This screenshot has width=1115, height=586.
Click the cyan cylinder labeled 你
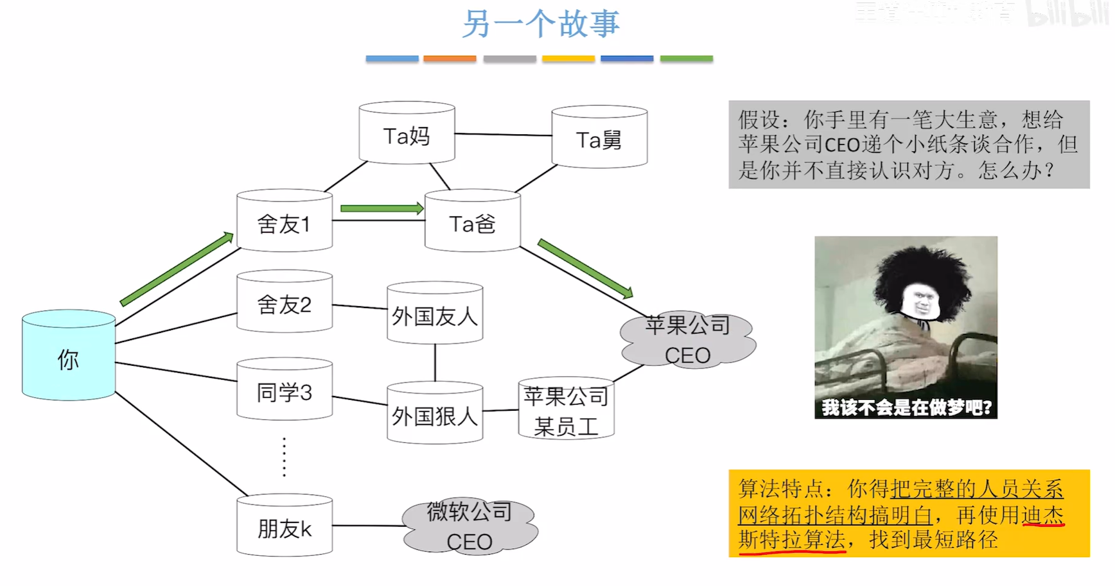(x=69, y=356)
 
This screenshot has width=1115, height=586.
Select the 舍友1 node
(x=284, y=221)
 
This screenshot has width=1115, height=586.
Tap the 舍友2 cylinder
(x=284, y=302)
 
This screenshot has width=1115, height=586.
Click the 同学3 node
(x=284, y=390)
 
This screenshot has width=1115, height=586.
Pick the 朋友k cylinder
(x=284, y=526)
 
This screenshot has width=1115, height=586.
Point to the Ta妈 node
(x=407, y=134)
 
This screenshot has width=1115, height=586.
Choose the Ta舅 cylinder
(x=599, y=137)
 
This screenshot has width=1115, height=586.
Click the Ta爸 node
(x=472, y=221)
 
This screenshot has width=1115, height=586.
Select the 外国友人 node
(x=435, y=315)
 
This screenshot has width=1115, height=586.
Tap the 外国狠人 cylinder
(x=435, y=414)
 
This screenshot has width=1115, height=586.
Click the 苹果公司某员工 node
(x=566, y=409)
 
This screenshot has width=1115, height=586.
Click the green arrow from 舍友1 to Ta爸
(x=382, y=209)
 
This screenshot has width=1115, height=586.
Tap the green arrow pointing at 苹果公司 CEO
(x=585, y=268)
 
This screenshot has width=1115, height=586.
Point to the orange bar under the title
(x=450, y=58)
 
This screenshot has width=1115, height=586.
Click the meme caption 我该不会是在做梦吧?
(x=906, y=407)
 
